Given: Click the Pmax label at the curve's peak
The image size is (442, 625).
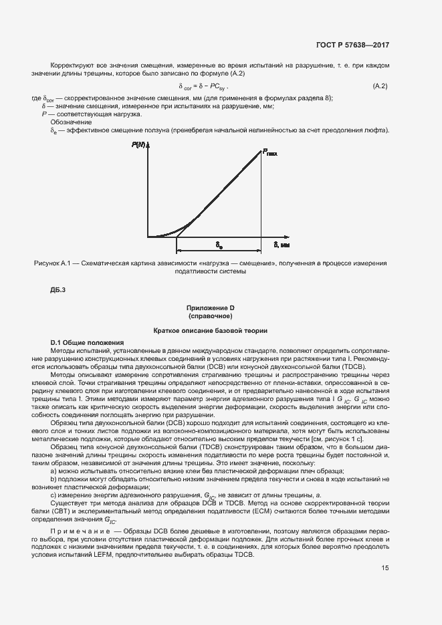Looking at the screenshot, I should tap(270, 153).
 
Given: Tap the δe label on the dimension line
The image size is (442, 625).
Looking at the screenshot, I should tap(219, 245).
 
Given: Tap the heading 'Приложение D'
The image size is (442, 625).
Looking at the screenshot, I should tap(210, 307).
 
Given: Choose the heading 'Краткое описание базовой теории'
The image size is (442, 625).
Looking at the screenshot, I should tap(210, 330).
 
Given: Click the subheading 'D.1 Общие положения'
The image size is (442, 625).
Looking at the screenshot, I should tap(82, 342).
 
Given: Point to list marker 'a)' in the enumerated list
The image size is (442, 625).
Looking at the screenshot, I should tap(53, 471).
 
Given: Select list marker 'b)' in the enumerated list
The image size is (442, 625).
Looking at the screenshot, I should tap(53, 479).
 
